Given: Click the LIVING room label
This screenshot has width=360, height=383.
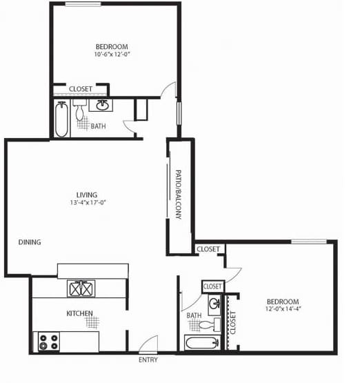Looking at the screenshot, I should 87,194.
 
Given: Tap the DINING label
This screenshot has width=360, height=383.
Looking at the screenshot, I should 30,242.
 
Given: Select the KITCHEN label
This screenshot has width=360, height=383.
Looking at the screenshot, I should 79,314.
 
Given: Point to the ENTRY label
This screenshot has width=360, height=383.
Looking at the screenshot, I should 148,360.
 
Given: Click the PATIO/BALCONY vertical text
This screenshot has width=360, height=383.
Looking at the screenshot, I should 178,195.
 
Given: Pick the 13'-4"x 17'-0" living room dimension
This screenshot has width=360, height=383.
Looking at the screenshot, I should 87,203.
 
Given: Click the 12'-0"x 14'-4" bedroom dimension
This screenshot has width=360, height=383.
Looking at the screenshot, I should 282,310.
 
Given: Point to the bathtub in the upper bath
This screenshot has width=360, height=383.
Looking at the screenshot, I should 61,119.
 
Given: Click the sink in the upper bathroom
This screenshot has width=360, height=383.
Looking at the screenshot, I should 103,106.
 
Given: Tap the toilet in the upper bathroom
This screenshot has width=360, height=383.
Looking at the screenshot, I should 79,111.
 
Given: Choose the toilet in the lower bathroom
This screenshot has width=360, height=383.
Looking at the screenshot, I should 216,323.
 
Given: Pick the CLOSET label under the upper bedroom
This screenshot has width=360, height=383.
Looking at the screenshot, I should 81,89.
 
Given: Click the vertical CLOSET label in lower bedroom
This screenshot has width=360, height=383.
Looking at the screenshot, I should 232,322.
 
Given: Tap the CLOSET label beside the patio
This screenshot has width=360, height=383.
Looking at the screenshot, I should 208,249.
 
